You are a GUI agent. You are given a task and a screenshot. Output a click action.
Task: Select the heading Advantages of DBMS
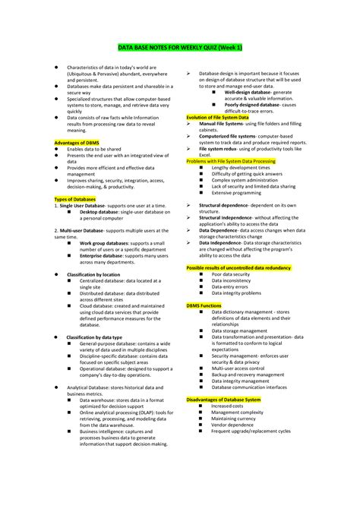click(77, 143)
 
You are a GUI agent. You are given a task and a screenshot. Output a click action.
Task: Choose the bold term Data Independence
click(224, 242)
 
